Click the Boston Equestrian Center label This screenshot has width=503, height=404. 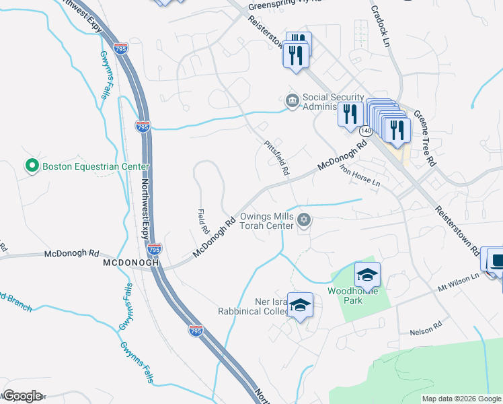pos(95,166)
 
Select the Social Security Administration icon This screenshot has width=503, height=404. pos(293,101)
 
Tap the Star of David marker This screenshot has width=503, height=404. pos(305,220)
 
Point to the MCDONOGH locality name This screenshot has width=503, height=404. pos(130,264)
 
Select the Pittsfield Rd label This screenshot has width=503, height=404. pos(276,158)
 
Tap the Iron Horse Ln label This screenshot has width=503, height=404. pos(360,176)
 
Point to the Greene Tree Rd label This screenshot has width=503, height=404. pos(425,138)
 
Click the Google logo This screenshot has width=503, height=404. pos(22,396)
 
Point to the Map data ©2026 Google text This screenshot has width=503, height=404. pos(461,399)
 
